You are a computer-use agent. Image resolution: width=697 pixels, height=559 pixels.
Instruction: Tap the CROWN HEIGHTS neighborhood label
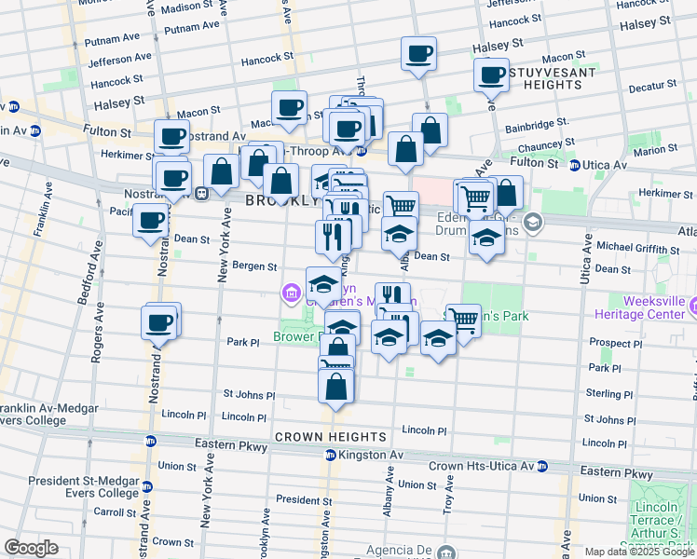tap(331, 436)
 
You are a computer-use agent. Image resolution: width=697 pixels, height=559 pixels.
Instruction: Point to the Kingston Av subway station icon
tap(330, 455)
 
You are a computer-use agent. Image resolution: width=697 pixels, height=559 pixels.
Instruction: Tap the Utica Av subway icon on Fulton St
tap(576, 165)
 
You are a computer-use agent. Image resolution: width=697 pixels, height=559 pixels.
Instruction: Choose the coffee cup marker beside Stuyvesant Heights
tap(491, 75)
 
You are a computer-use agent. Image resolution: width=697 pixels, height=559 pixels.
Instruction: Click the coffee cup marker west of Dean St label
tap(151, 221)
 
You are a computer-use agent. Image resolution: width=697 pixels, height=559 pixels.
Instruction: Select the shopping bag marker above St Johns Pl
tap(335, 385)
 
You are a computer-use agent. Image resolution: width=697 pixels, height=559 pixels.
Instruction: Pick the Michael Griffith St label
tap(638, 249)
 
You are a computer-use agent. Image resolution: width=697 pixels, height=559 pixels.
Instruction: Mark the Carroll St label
tap(116, 511)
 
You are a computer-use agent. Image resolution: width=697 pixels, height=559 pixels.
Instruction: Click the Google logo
tap(31, 548)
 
